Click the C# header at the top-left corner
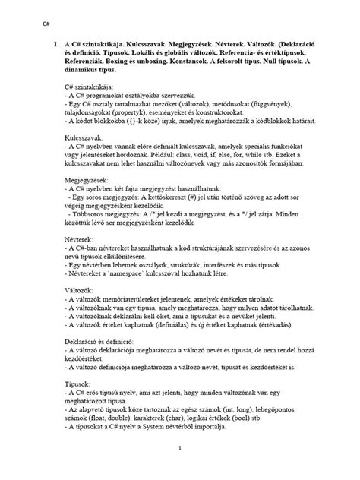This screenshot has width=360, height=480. click(35, 24)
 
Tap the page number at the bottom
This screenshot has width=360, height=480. click(180, 448)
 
